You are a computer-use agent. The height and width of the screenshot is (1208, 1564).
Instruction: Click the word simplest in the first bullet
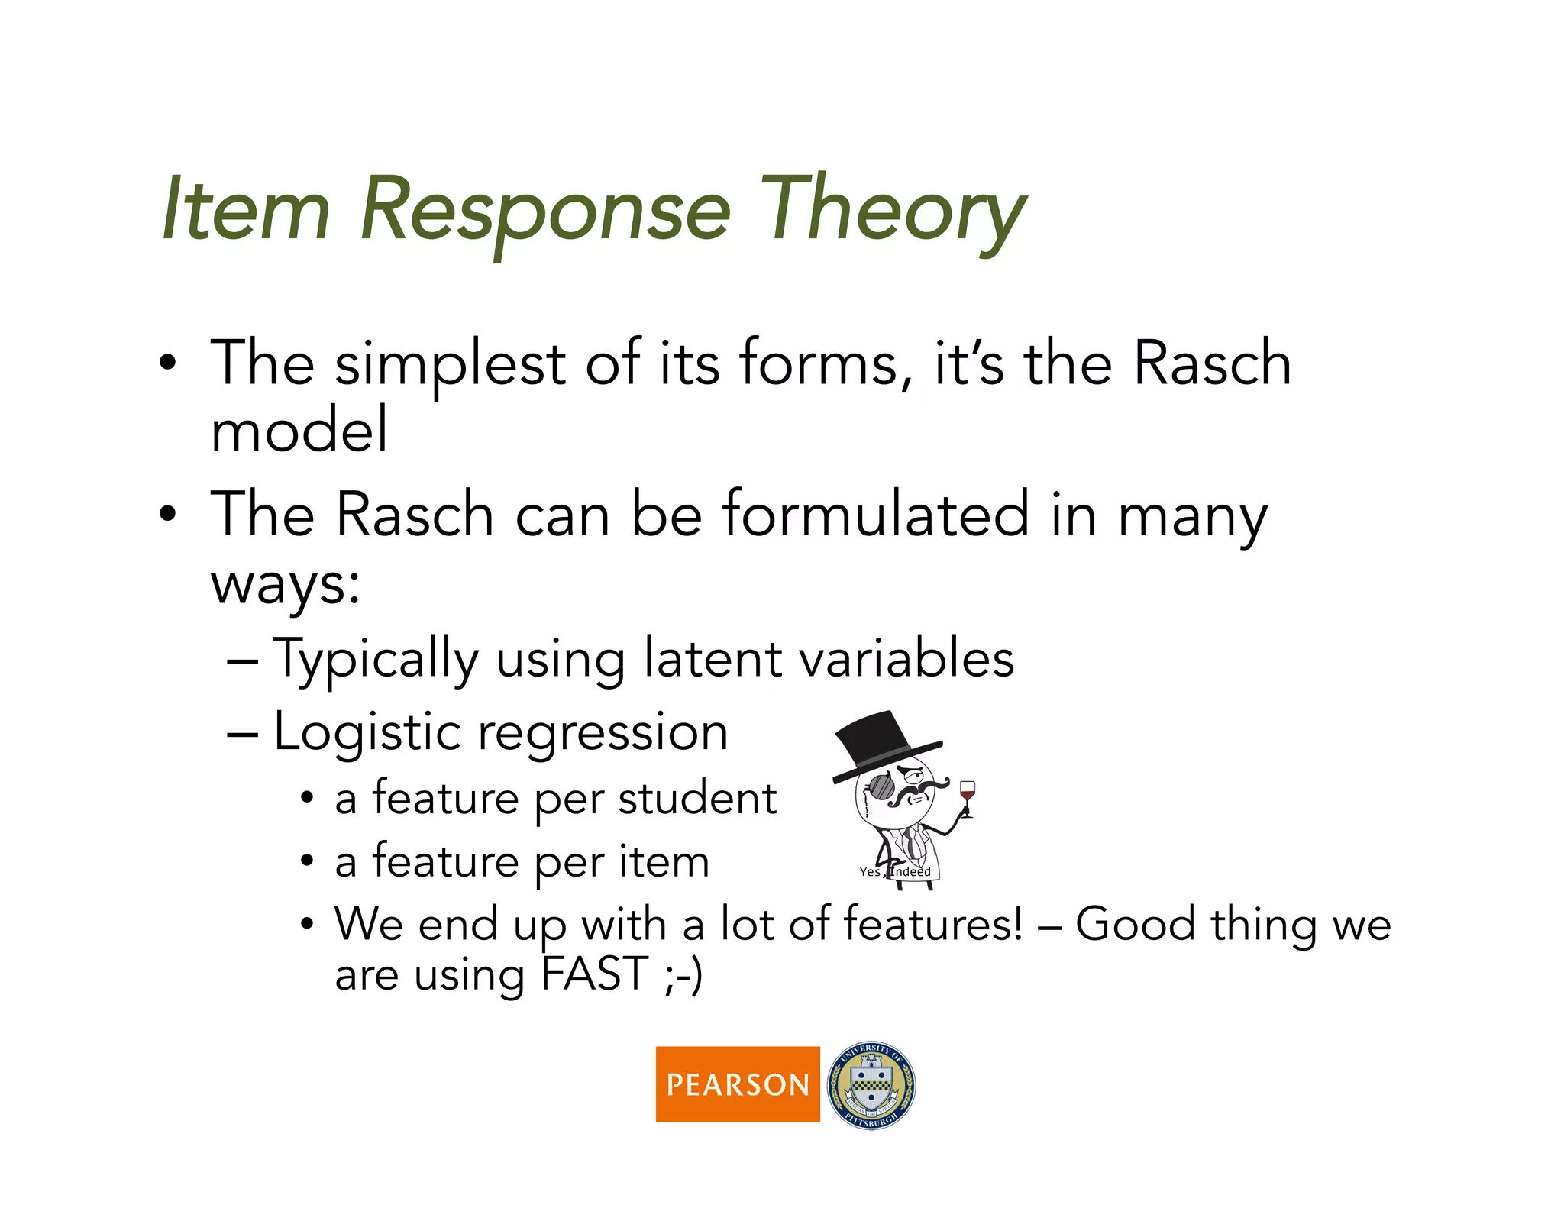click(450, 364)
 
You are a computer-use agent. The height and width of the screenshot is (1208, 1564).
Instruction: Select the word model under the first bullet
click(299, 430)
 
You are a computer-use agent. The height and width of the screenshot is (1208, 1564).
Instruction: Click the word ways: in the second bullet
click(285, 585)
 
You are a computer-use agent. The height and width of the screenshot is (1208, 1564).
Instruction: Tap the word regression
click(603, 733)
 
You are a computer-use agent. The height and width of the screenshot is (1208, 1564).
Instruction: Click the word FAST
click(594, 974)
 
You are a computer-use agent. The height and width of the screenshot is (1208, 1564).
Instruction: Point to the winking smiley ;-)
click(683, 976)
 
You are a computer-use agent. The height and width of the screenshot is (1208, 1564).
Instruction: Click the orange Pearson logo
click(737, 1084)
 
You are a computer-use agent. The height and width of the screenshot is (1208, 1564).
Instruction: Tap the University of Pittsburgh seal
click(871, 1085)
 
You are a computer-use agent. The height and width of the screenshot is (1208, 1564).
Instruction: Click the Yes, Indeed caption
click(894, 871)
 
